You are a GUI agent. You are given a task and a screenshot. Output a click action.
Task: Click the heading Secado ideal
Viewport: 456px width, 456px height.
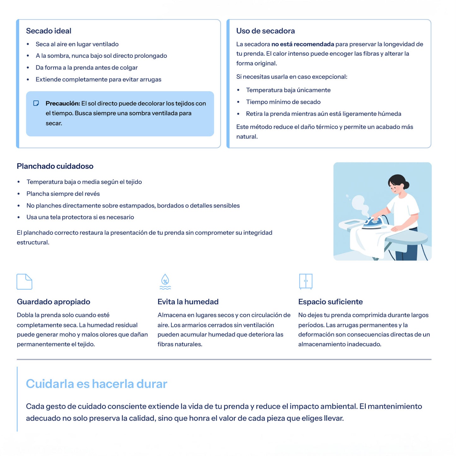click(x=49, y=31)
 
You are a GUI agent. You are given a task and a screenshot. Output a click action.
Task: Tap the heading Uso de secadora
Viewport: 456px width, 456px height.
click(x=265, y=31)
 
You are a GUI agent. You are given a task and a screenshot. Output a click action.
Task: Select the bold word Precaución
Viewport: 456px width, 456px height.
click(x=62, y=104)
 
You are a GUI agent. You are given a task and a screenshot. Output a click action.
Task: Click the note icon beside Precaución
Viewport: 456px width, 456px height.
click(x=36, y=103)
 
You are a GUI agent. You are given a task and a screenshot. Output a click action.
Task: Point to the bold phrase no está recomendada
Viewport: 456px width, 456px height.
click(x=303, y=44)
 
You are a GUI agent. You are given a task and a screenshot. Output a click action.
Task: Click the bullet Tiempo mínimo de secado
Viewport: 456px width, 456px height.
click(x=283, y=102)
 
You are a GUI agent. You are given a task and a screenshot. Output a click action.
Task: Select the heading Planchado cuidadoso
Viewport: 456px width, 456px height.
click(x=55, y=166)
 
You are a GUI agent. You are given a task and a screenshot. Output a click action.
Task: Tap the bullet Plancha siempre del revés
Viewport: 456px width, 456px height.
click(x=63, y=194)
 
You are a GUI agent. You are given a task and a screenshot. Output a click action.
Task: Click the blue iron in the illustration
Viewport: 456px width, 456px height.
click(x=373, y=223)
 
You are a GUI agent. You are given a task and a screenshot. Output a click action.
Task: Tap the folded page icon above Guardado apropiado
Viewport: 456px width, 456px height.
click(x=24, y=281)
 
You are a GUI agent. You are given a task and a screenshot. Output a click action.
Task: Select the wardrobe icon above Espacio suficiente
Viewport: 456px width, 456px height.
click(x=305, y=281)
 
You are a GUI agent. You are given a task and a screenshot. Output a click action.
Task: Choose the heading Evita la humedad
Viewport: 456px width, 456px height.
click(x=188, y=302)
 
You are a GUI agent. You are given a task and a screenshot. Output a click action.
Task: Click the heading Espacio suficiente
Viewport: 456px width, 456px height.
click(x=330, y=302)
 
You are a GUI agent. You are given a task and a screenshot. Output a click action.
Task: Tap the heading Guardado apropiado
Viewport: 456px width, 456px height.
click(x=53, y=302)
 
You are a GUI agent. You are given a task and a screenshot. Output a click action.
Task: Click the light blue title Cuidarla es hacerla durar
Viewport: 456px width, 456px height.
click(x=97, y=384)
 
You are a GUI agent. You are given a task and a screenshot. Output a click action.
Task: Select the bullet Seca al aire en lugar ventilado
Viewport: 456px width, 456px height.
click(x=77, y=44)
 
